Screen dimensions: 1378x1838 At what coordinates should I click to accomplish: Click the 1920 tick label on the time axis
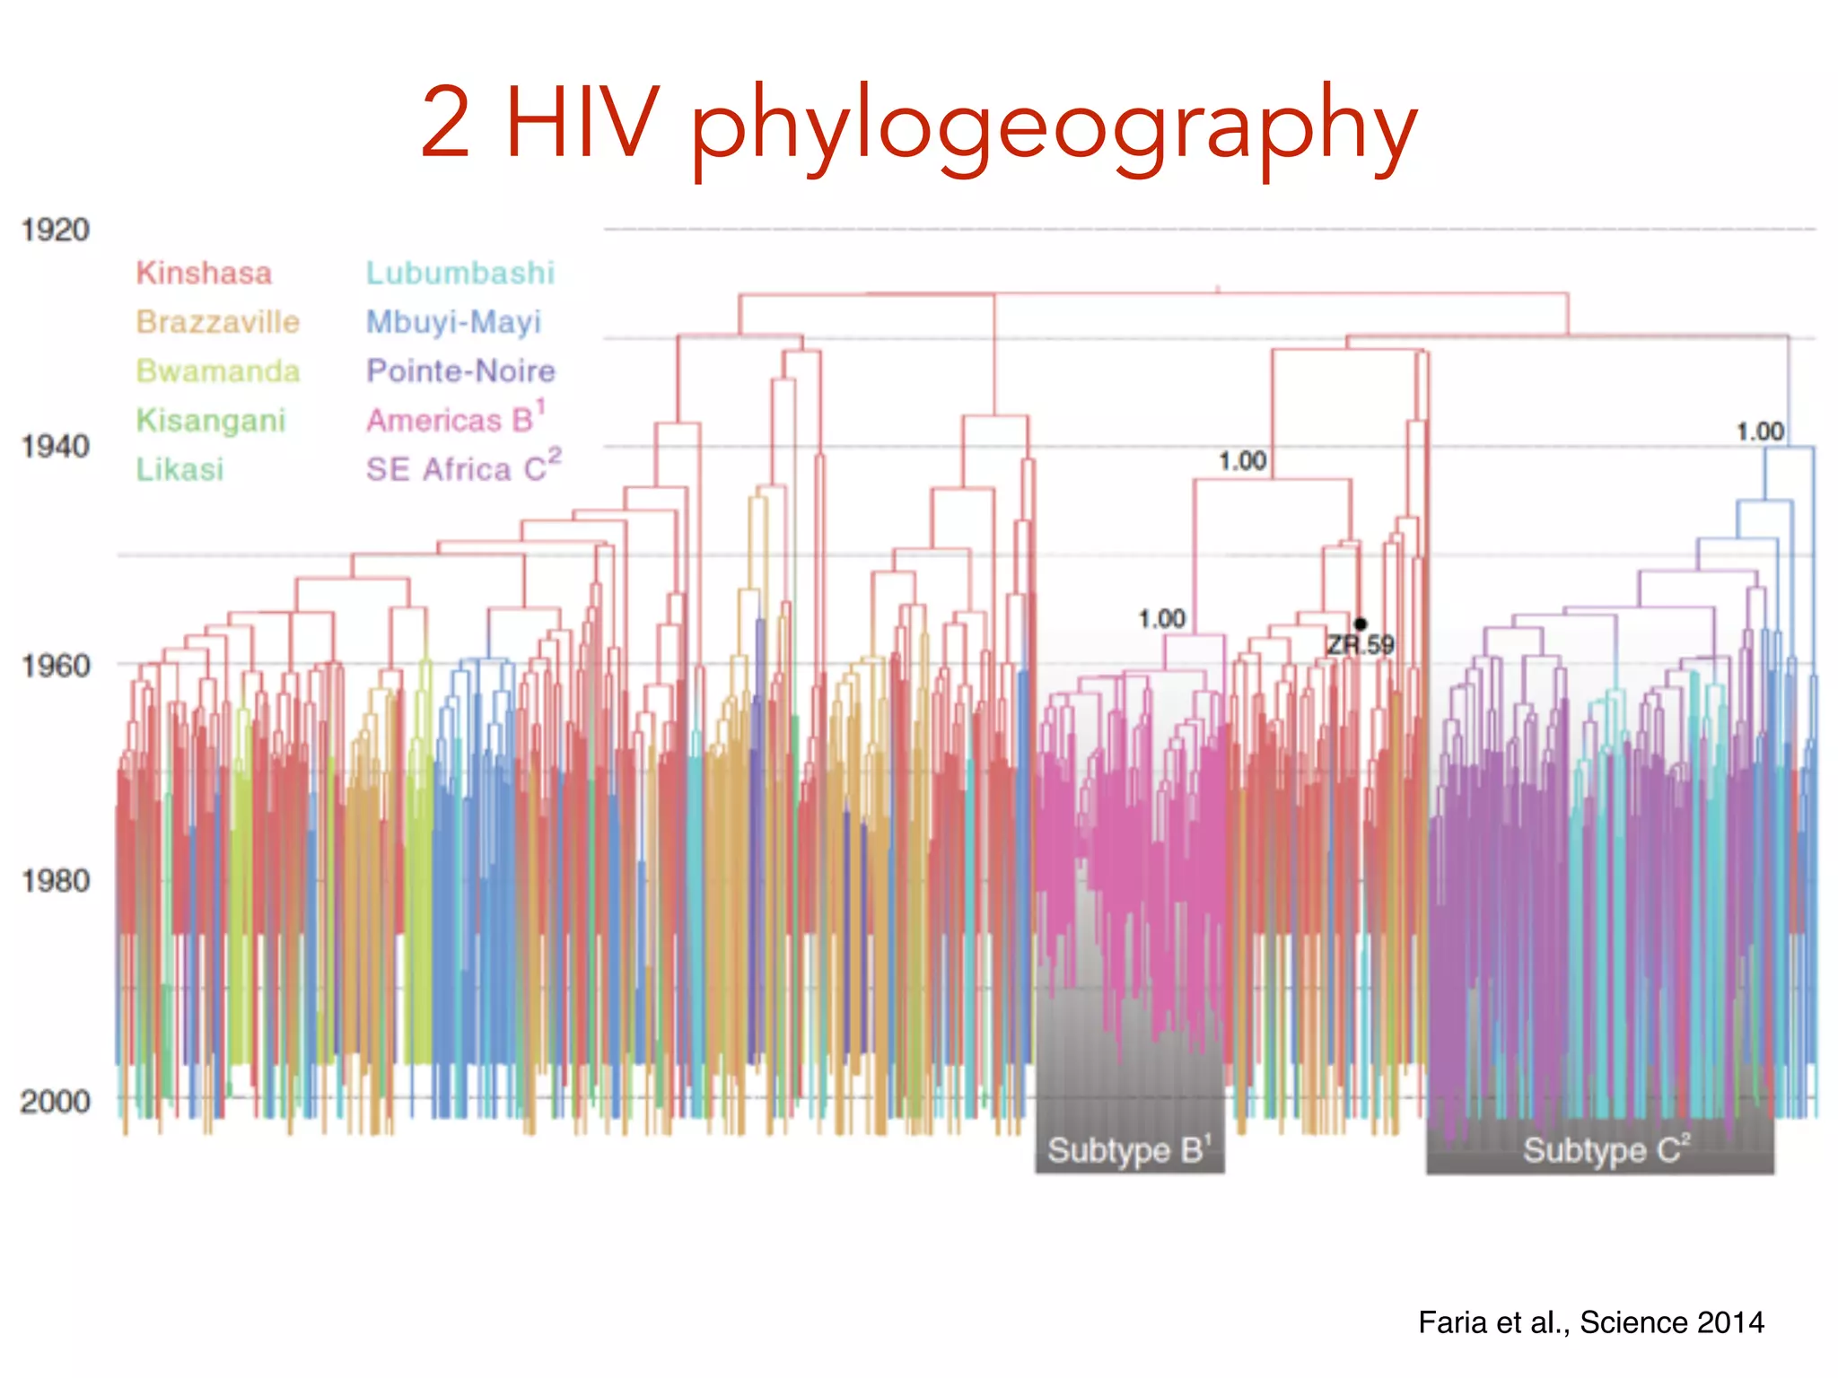pyautogui.click(x=56, y=231)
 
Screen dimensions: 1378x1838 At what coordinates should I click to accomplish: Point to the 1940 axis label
pyautogui.click(x=56, y=446)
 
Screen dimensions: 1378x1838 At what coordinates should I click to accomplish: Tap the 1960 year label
pyautogui.click(x=56, y=666)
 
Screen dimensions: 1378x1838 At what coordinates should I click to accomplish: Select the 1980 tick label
pyautogui.click(x=56, y=881)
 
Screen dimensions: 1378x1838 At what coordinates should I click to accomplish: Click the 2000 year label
pyautogui.click(x=56, y=1101)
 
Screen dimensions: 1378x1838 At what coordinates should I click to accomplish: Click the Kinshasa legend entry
pyautogui.click(x=204, y=273)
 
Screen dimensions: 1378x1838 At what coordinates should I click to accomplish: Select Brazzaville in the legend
pyautogui.click(x=218, y=322)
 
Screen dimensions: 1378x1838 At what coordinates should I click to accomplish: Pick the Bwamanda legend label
pyautogui.click(x=218, y=371)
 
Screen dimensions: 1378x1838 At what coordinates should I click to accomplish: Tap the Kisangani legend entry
pyautogui.click(x=211, y=420)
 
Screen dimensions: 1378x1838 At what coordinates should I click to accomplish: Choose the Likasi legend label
pyautogui.click(x=179, y=469)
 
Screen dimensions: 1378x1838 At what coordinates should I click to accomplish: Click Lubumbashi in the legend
pyautogui.click(x=460, y=273)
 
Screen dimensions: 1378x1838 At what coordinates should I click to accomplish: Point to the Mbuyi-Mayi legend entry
pyautogui.click(x=454, y=322)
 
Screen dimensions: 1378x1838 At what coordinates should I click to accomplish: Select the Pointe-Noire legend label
pyautogui.click(x=460, y=371)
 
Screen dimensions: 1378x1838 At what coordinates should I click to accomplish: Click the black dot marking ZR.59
pyautogui.click(x=1361, y=624)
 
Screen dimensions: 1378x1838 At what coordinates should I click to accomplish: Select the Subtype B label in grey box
pyautogui.click(x=1129, y=1150)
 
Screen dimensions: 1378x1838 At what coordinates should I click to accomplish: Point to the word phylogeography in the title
pyautogui.click(x=1054, y=126)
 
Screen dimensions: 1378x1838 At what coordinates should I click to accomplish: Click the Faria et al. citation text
pyautogui.click(x=1590, y=1322)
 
